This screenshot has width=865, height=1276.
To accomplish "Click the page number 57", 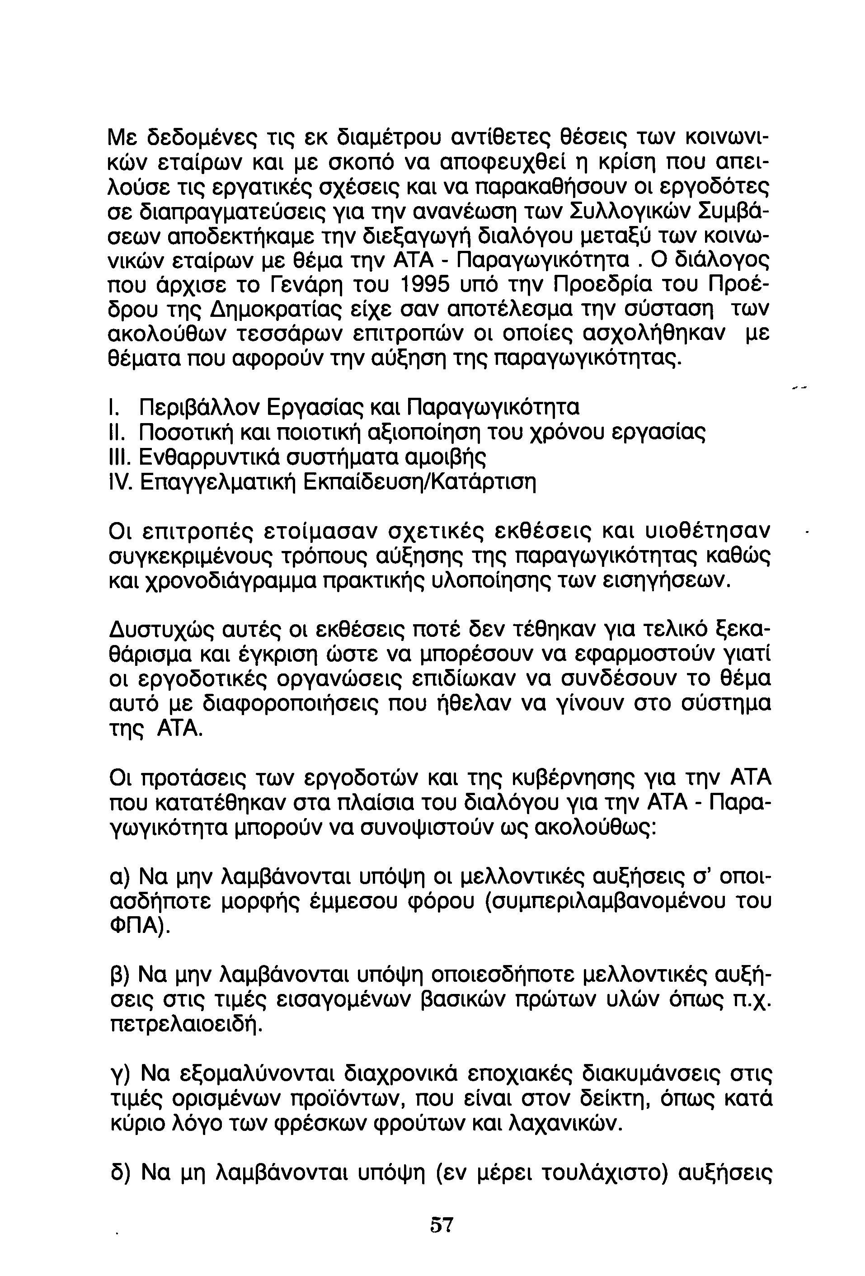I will pyautogui.click(x=442, y=1225).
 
